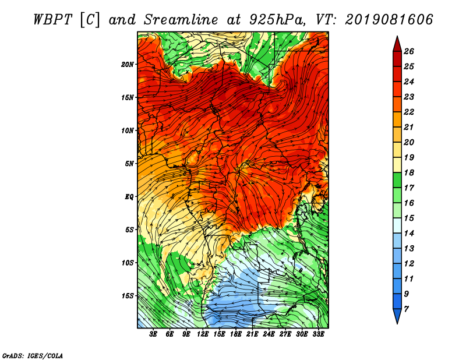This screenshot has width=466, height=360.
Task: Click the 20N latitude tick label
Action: [x=128, y=64]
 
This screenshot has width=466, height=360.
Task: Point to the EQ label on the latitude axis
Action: [x=129, y=196]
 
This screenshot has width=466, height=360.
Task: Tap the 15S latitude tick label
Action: [x=128, y=296]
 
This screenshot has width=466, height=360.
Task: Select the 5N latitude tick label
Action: [x=129, y=164]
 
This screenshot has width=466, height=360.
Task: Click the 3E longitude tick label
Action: [x=153, y=334]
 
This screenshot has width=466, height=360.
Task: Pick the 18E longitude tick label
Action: [x=236, y=334]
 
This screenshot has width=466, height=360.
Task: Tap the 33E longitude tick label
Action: [x=318, y=334]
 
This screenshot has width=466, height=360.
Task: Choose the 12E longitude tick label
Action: [x=203, y=334]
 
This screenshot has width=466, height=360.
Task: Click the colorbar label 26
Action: [x=409, y=51]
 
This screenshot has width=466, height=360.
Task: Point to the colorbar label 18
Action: [x=409, y=172]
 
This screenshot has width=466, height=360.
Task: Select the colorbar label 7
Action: [x=406, y=309]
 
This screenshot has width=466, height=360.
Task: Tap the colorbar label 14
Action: [x=409, y=234]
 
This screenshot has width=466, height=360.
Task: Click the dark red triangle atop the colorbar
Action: [x=397, y=45]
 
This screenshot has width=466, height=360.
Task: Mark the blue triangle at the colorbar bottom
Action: [x=397, y=315]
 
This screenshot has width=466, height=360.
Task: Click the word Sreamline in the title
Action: [x=181, y=20]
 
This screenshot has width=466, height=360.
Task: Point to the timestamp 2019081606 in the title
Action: [x=389, y=20]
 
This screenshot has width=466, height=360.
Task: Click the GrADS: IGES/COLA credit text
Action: [x=33, y=356]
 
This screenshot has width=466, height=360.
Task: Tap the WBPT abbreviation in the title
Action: [x=52, y=20]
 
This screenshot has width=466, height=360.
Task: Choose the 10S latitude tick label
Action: [x=128, y=263]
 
